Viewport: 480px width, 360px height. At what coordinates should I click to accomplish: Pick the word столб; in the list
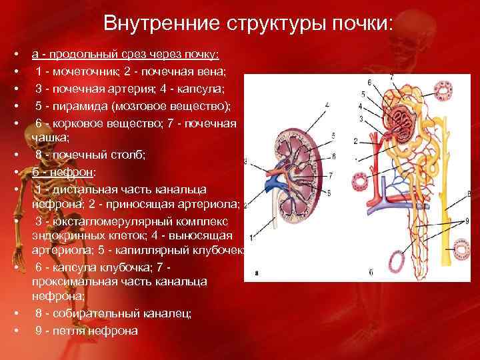(x=123, y=155)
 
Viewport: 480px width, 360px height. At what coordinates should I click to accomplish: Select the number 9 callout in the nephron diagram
(x=467, y=221)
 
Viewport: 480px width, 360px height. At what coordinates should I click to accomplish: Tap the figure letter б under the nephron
(x=371, y=272)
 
